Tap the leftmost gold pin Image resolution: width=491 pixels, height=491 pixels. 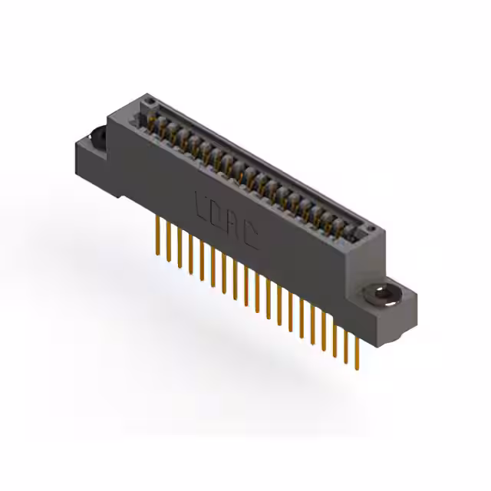[159, 229]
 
